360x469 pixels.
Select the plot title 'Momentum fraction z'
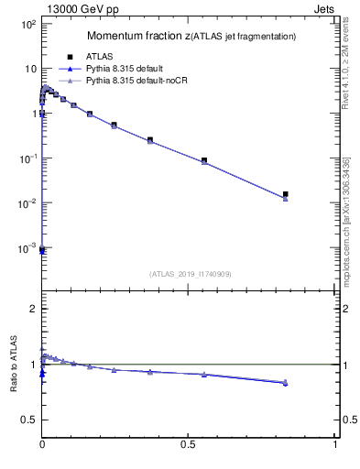(138, 36)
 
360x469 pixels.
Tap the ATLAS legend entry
(99, 56)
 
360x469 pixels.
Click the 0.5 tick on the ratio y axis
(27, 420)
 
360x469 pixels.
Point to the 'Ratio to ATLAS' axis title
(14, 364)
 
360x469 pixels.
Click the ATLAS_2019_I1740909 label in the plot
(190, 274)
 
